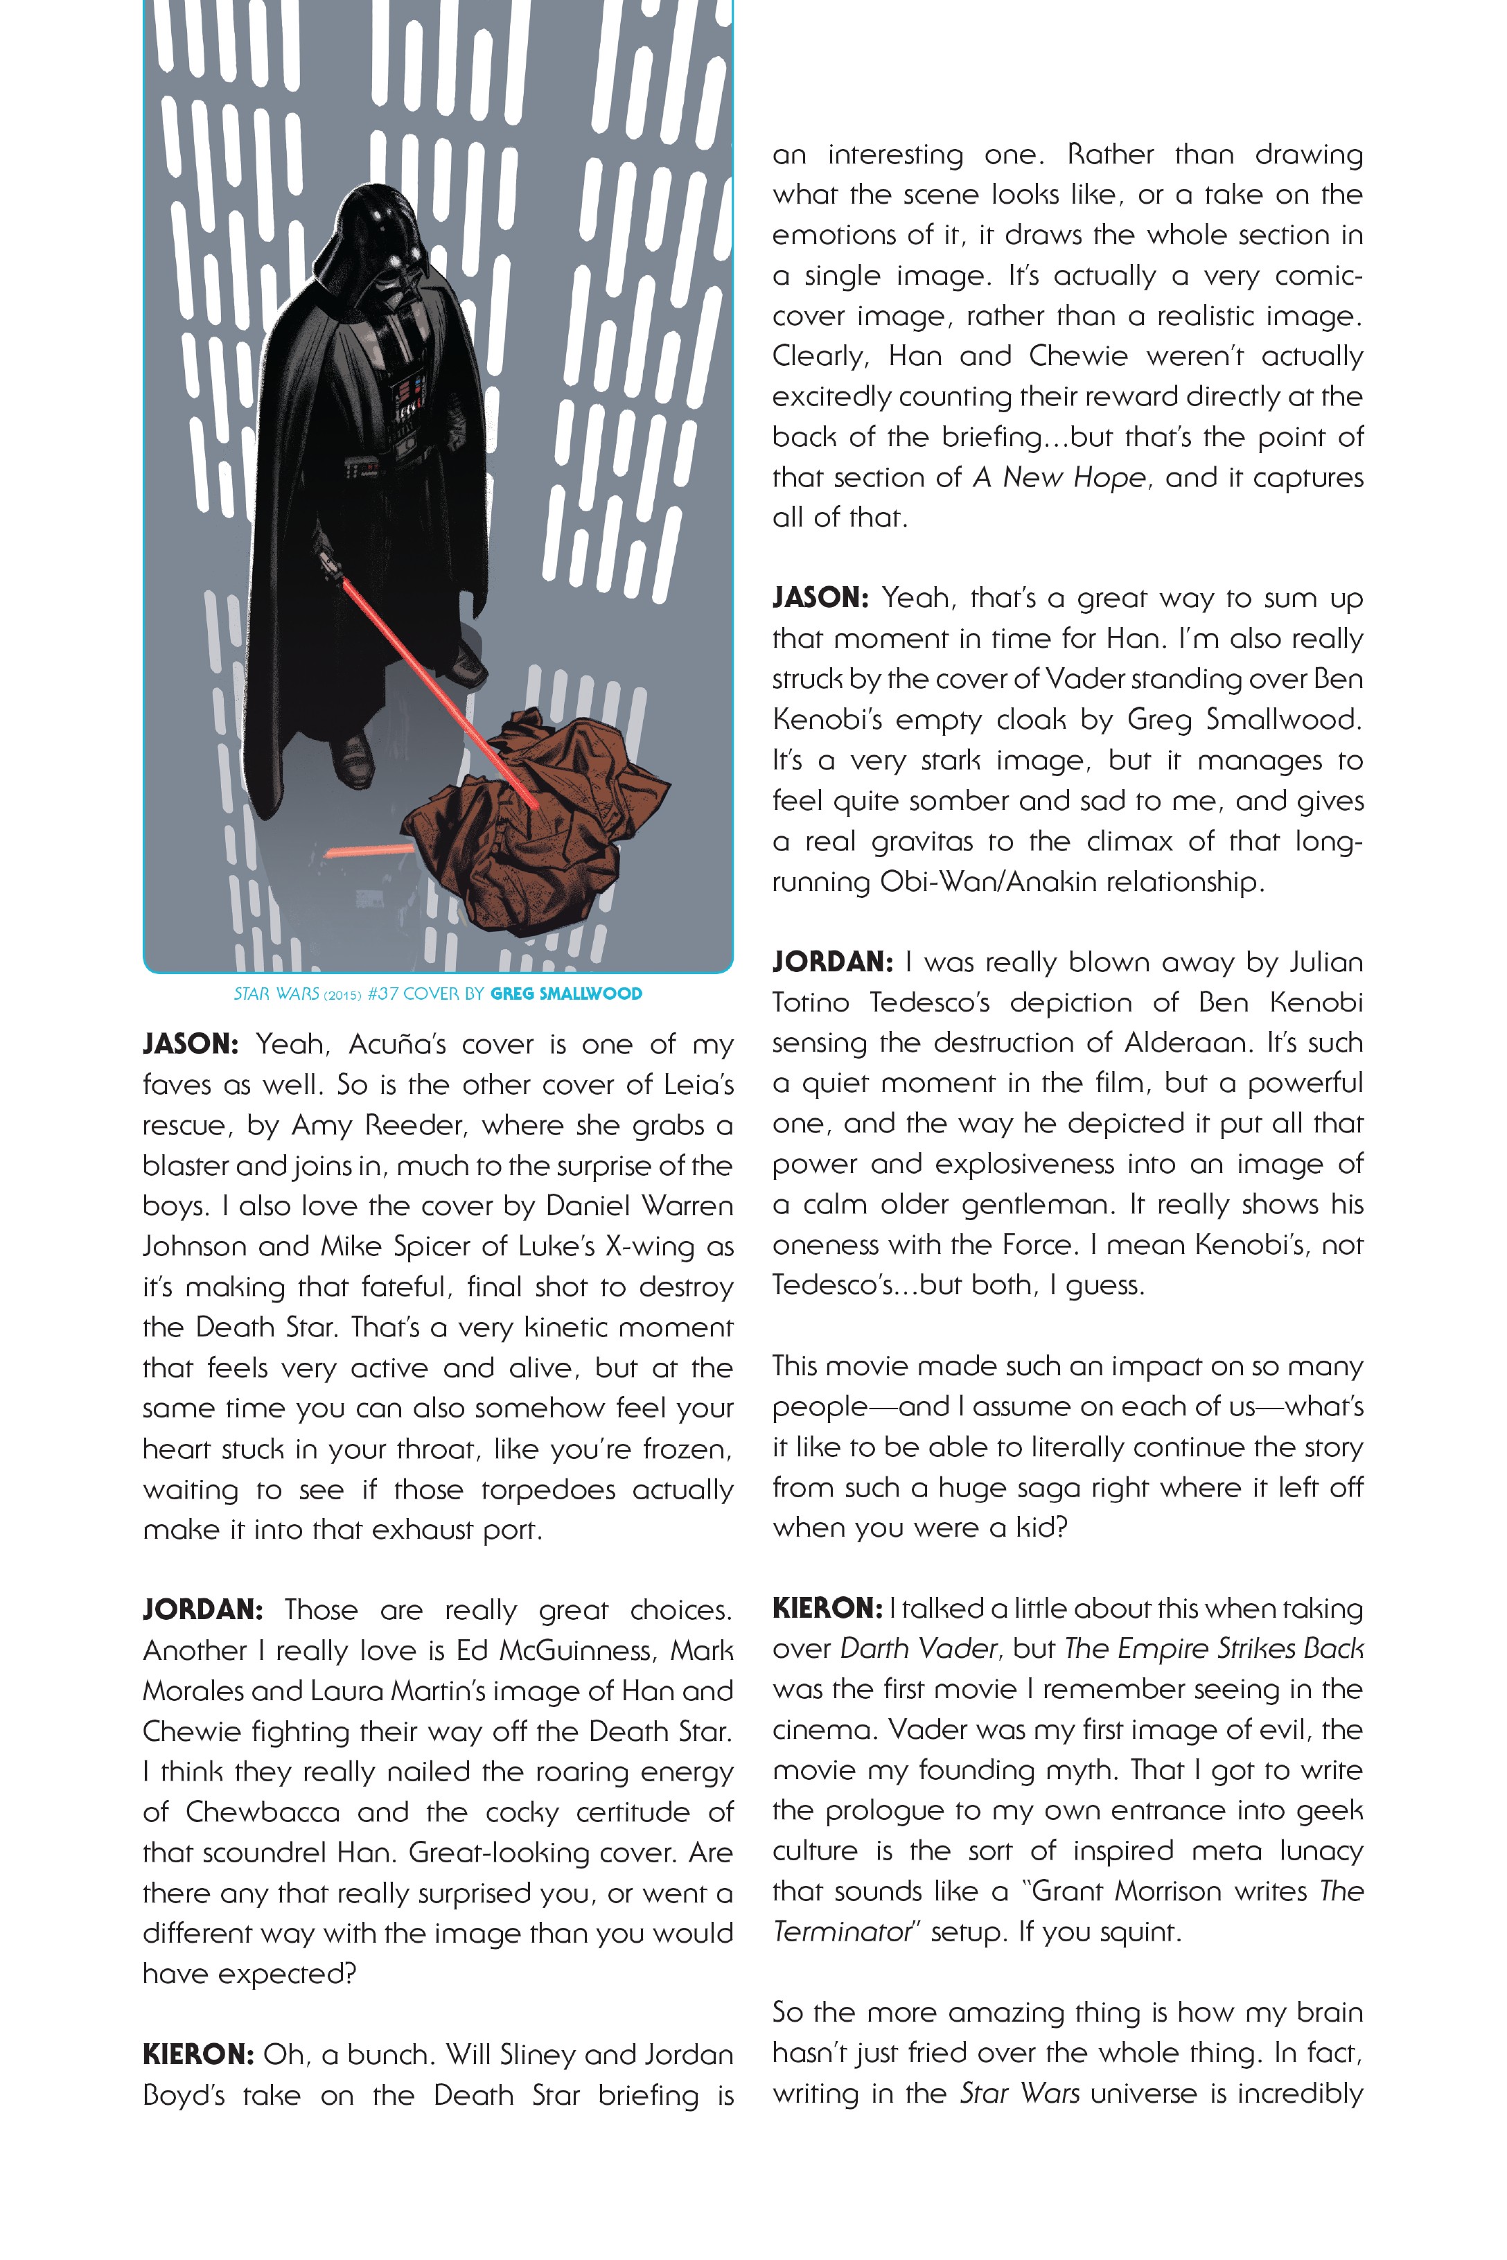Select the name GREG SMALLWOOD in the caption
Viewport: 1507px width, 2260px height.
point(566,994)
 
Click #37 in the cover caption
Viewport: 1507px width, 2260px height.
point(382,994)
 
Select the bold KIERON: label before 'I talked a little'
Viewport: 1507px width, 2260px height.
point(827,1609)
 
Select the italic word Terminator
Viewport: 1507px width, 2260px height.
point(841,1932)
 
